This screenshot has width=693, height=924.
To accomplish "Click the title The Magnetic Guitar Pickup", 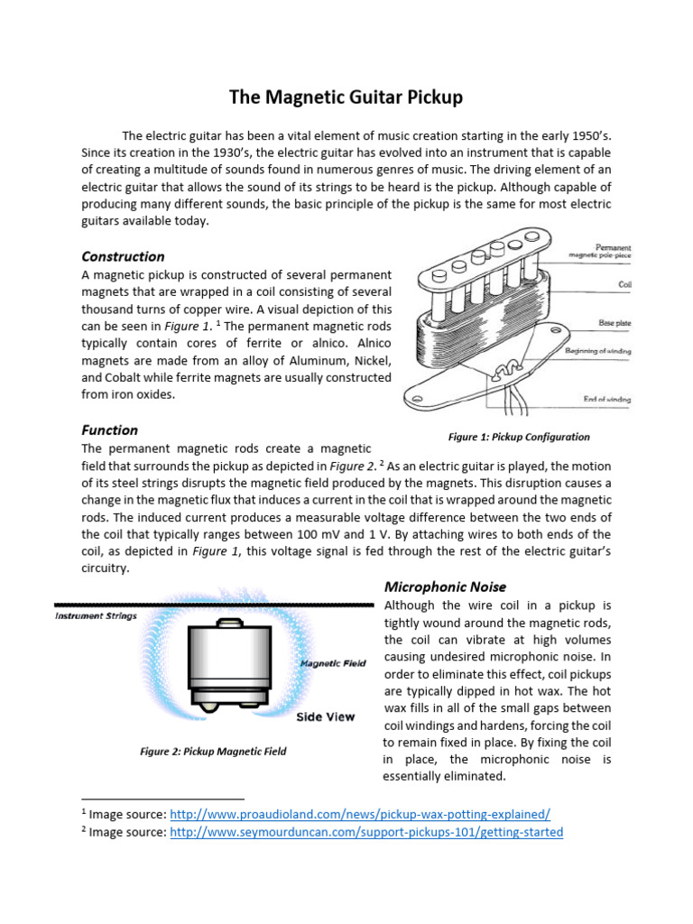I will click(346, 97).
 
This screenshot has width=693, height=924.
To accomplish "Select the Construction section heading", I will click(123, 256).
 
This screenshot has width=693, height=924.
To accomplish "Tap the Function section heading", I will click(109, 430).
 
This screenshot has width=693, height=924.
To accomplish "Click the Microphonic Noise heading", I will click(445, 587).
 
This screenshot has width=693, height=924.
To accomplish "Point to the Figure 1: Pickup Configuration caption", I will click(519, 437).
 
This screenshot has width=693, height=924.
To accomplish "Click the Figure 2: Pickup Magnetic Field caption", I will click(213, 751).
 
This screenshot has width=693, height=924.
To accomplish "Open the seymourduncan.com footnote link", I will click(365, 832).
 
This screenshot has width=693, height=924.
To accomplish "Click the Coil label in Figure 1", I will click(624, 283).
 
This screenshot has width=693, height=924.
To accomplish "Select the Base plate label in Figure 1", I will click(613, 322).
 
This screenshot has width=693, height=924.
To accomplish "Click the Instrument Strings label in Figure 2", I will click(97, 616).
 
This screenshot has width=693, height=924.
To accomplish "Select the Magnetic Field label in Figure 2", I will click(333, 663).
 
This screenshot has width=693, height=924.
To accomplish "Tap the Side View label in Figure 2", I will click(325, 716).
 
